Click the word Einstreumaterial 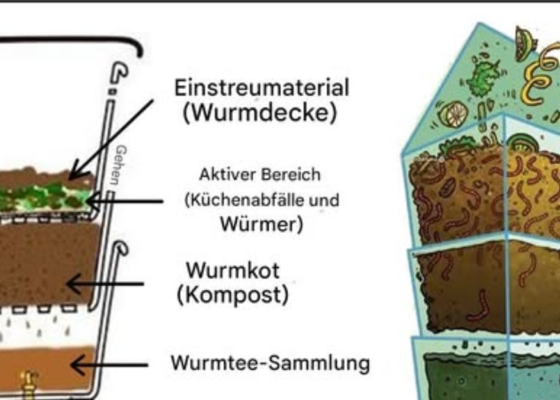point(262,88)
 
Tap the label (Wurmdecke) point(260,113)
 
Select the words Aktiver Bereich point(260,175)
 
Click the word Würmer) point(262,224)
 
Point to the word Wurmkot point(233,270)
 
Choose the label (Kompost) point(233,295)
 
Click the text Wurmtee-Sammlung point(270,363)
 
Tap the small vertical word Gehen point(121,165)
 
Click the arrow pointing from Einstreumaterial point(111,140)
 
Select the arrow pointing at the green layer point(125,201)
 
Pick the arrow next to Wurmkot point(106,284)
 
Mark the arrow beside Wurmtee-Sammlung point(110,365)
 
